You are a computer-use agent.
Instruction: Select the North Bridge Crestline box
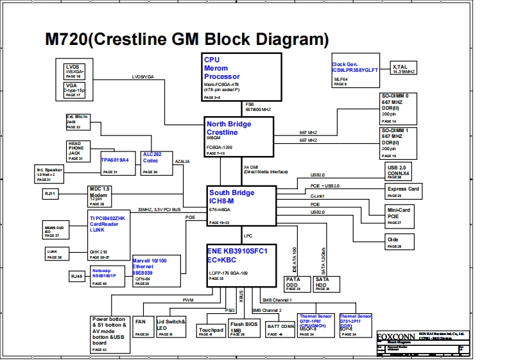tap(239, 137)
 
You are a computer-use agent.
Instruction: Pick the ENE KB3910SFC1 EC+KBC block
tap(241, 262)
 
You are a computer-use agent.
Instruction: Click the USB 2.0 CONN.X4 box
tap(402, 171)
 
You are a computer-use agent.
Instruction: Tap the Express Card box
tap(403, 191)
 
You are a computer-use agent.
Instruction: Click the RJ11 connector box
tap(51, 193)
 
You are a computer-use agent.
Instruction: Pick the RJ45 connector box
tap(76, 275)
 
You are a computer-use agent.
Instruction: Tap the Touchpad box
tap(211, 330)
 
